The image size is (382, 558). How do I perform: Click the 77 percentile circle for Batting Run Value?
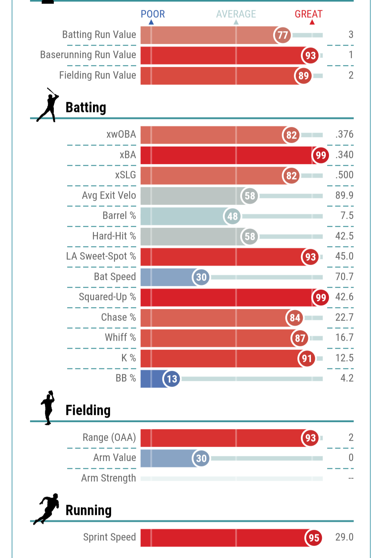point(282,35)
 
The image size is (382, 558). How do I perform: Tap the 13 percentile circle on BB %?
point(172,379)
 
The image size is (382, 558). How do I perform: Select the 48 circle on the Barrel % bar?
point(232,216)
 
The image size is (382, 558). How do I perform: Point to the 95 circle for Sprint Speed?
point(314,538)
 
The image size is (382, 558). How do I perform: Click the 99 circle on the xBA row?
point(320,155)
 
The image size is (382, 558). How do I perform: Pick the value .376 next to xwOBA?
point(344,134)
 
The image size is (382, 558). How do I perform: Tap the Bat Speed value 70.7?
point(344,276)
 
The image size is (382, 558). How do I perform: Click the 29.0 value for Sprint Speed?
point(344,537)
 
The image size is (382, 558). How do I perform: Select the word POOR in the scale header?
point(153,14)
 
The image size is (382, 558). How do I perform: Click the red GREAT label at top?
point(308,14)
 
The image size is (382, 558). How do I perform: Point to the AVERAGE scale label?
point(236,14)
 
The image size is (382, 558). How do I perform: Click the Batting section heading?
point(86,107)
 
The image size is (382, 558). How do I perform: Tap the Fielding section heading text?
point(88,410)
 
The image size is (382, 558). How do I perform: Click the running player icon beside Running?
point(46,509)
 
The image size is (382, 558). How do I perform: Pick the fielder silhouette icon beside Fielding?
point(48,407)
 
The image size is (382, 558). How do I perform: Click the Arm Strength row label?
point(109,478)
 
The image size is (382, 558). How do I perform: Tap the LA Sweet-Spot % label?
point(101,256)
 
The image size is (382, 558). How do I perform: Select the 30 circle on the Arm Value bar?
point(201,458)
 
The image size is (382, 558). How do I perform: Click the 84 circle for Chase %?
point(295,318)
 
